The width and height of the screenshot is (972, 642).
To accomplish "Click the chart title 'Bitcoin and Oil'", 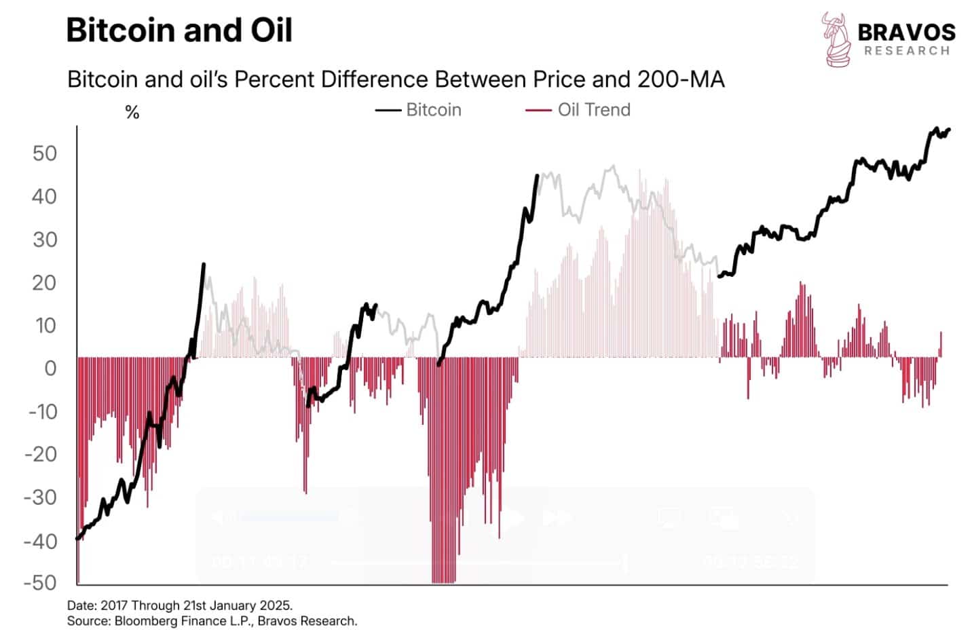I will (179, 31).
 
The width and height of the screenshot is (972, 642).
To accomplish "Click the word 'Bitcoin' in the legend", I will (433, 110).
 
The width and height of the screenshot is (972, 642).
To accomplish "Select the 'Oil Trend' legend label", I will (594, 110).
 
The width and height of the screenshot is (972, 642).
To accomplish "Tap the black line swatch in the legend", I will (388, 111).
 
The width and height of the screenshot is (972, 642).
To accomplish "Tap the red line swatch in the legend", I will (538, 111).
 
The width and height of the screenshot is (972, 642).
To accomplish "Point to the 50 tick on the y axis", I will (45, 153).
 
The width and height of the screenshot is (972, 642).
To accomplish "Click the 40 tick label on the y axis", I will (45, 197).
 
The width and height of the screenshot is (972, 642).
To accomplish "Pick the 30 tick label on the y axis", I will (45, 240).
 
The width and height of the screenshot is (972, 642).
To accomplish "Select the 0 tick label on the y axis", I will (50, 369).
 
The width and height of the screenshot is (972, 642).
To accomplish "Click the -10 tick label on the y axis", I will (42, 412).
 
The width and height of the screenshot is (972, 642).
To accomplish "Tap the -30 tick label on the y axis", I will (42, 497).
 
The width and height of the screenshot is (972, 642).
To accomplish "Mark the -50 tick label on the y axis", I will (42, 583).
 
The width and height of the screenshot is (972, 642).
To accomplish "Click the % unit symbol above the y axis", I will (132, 113).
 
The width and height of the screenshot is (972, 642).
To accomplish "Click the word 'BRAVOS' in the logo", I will (906, 32).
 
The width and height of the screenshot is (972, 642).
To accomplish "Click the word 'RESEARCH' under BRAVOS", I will (906, 51).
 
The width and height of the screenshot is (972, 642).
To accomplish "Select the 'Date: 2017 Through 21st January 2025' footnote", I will (180, 605).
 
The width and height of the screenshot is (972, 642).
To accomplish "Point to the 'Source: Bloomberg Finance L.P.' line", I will (212, 621).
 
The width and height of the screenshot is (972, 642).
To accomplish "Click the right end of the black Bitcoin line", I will (948, 129).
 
